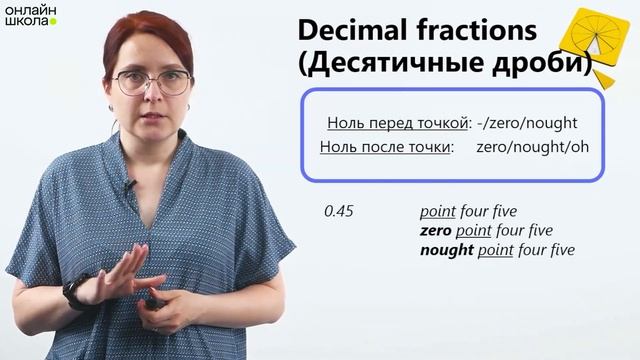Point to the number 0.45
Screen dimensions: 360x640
pyautogui.click(x=339, y=213)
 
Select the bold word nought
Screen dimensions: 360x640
pyautogui.click(x=446, y=250)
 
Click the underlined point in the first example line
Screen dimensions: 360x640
pyautogui.click(x=438, y=213)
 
